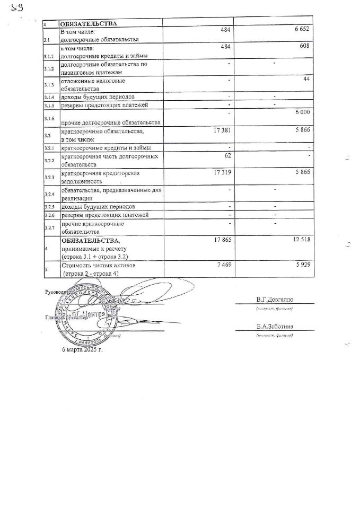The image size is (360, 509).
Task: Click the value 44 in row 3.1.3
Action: click(x=305, y=79)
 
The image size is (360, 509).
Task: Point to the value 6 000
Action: click(x=300, y=112)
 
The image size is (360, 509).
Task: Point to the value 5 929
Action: click(x=301, y=264)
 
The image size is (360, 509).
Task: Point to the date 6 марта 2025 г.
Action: click(x=82, y=350)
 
